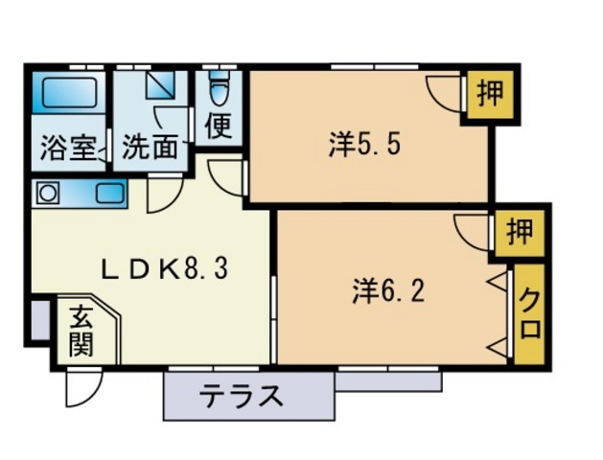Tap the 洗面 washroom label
tap(151, 149)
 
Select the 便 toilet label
tap(220, 126)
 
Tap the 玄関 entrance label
tap(82, 330)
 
